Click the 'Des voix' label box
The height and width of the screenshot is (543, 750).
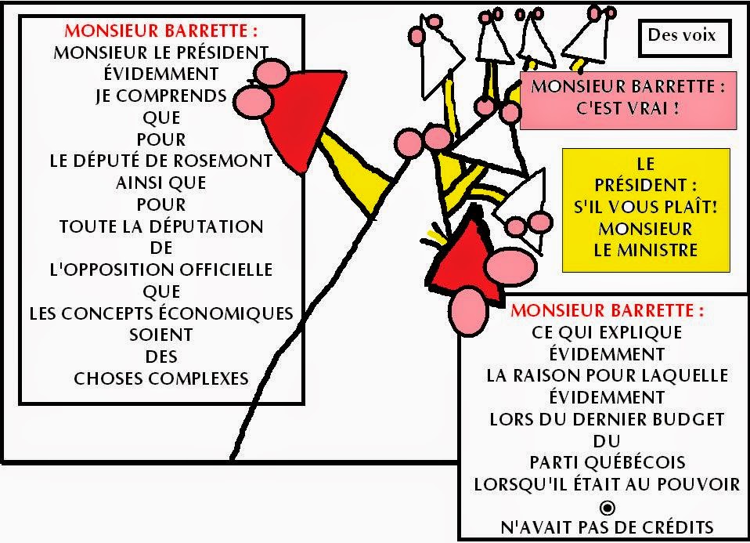click(x=682, y=36)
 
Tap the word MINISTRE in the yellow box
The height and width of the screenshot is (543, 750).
click(x=646, y=251)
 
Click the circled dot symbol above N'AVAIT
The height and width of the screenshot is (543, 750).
click(x=607, y=506)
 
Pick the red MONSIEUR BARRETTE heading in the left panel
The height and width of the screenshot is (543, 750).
click(x=160, y=31)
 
